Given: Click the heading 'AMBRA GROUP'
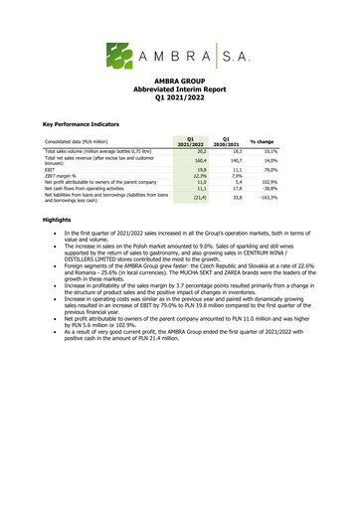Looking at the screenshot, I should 179,87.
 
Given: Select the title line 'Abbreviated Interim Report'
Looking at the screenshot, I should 179,97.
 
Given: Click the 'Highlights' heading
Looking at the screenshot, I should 58,219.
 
